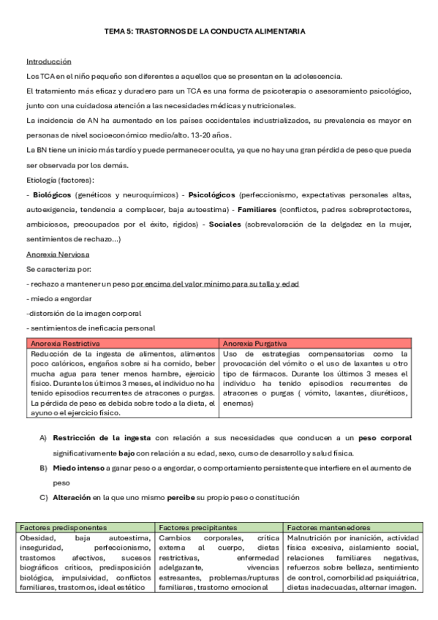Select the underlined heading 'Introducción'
pyautogui.click(x=48, y=62)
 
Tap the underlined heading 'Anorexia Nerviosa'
pyautogui.click(x=58, y=254)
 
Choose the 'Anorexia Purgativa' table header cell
pyautogui.click(x=254, y=343)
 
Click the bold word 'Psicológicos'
pyautogui.click(x=212, y=196)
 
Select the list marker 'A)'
pyautogui.click(x=42, y=438)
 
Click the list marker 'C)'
pyautogui.click(x=42, y=497)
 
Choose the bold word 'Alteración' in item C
pyautogui.click(x=72, y=497)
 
